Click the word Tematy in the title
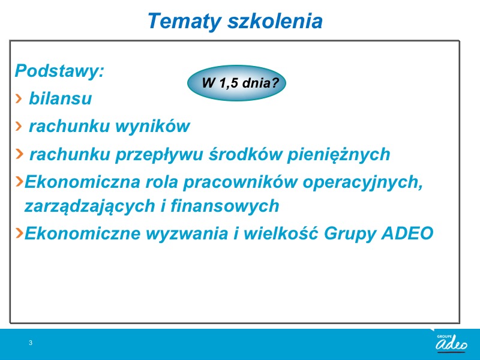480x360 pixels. click(x=185, y=22)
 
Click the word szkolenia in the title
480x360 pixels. click(x=275, y=21)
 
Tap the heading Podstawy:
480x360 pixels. click(x=59, y=71)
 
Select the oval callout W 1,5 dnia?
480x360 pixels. click(x=236, y=83)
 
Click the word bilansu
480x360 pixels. click(x=61, y=98)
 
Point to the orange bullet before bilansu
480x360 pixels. click(x=19, y=98)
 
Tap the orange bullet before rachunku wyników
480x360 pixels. click(x=19, y=126)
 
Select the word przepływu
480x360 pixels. click(x=159, y=154)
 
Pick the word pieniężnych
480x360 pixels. click(x=338, y=154)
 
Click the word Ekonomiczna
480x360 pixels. click(x=82, y=182)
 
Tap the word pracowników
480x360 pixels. click(x=241, y=182)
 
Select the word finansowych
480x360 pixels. click(x=225, y=206)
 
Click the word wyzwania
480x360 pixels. click(x=187, y=233)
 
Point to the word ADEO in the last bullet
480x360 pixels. click(x=407, y=233)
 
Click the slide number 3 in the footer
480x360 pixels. click(x=31, y=343)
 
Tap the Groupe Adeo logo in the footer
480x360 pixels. click(x=452, y=343)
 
